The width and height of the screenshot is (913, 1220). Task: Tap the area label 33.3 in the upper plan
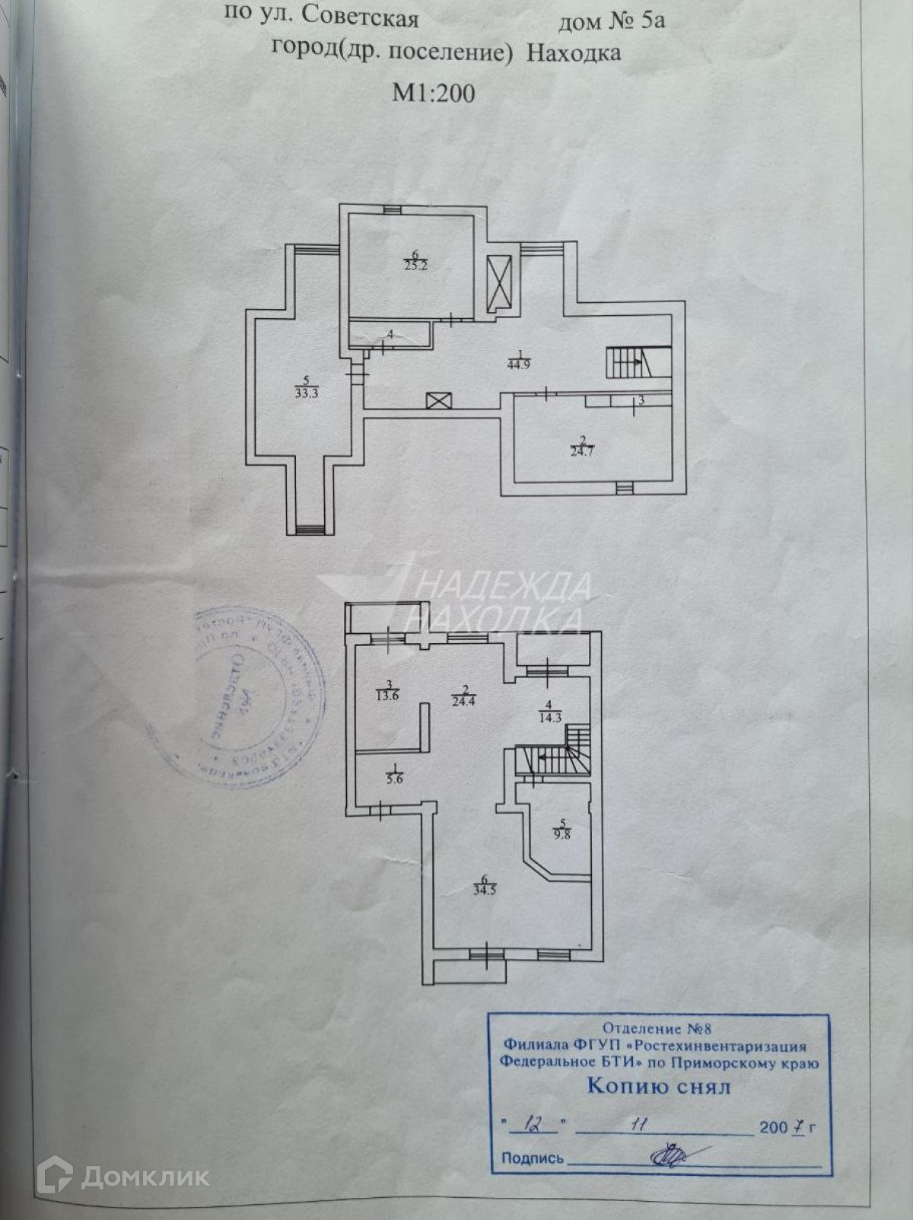pyautogui.click(x=306, y=393)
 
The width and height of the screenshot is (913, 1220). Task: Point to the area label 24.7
pyautogui.click(x=582, y=451)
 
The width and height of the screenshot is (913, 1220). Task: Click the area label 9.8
pyautogui.click(x=563, y=832)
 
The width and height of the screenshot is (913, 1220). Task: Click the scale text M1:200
pyautogui.click(x=433, y=93)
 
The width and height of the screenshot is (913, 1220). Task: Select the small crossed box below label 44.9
pyautogui.click(x=439, y=400)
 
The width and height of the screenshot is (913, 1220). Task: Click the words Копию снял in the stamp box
pyautogui.click(x=659, y=1086)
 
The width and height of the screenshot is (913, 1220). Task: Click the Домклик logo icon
pyautogui.click(x=58, y=1177)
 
